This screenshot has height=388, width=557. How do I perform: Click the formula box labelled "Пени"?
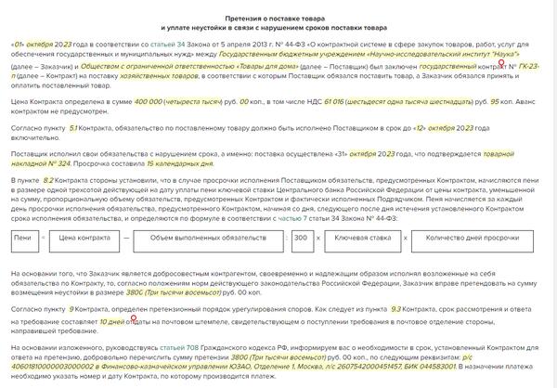pos(22,239)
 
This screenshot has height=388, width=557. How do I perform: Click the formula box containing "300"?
pos(299,239)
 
